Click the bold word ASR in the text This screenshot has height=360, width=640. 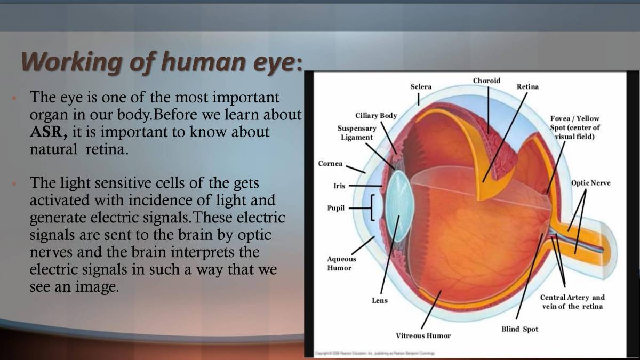click(47, 132)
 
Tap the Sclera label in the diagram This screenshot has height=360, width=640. click(421, 87)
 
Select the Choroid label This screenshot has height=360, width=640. click(486, 81)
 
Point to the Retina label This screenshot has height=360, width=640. click(527, 87)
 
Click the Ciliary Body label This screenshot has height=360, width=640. click(376, 116)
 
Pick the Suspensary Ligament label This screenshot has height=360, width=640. click(357, 133)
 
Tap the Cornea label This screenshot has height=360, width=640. click(330, 164)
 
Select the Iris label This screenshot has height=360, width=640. click(339, 186)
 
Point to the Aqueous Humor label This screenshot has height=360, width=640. click(341, 263)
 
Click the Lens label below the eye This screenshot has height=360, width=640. click(380, 301)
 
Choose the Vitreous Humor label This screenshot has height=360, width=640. click(423, 335)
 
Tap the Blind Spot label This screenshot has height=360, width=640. click(519, 329)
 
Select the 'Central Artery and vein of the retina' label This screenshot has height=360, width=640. click(572, 302)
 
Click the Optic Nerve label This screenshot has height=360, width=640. click(590, 183)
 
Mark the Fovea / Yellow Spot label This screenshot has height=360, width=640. click(575, 127)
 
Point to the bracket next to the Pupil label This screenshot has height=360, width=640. click(373, 207)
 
